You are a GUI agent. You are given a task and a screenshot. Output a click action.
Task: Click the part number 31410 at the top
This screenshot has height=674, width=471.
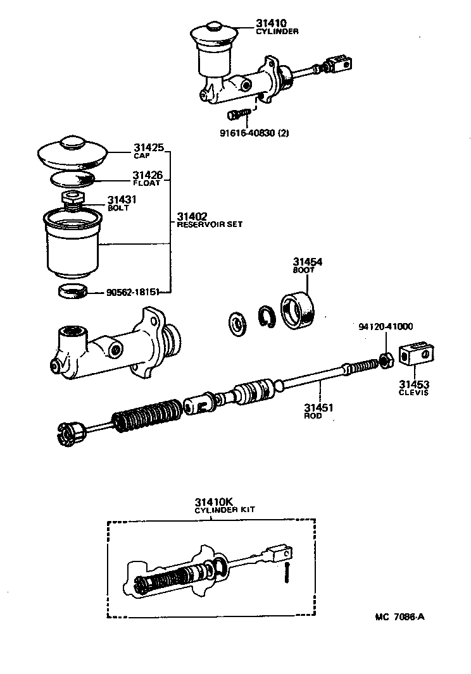(270, 23)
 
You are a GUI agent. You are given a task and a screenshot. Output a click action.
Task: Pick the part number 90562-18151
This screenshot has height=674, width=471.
(132, 292)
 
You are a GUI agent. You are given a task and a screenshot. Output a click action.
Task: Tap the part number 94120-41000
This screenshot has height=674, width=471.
(385, 327)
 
